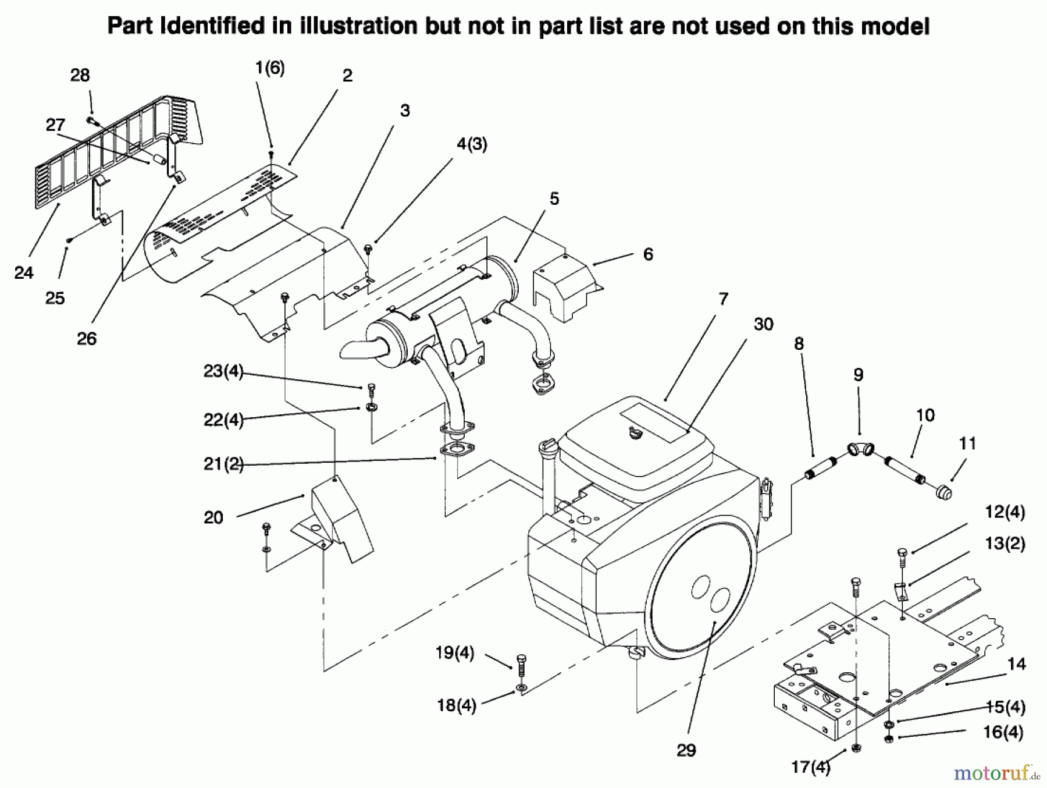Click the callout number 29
[686, 750]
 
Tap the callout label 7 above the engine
[723, 299]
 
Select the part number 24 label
[24, 272]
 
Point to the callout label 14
[1016, 663]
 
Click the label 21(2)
[223, 464]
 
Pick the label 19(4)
[455, 653]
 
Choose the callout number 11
[967, 443]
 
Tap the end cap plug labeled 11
[943, 492]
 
